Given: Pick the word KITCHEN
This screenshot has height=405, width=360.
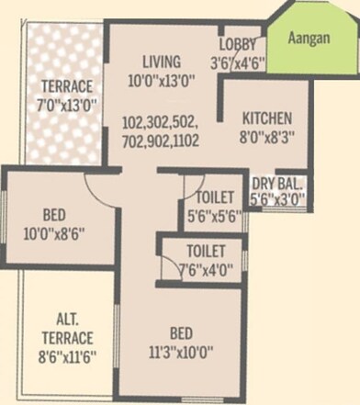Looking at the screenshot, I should pos(266,118).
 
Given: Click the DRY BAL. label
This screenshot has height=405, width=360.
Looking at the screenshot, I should pos(278,183).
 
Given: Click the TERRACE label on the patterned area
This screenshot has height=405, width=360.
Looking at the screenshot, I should pos(62,88).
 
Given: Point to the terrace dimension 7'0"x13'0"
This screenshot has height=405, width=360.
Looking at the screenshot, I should pos(62,107).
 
